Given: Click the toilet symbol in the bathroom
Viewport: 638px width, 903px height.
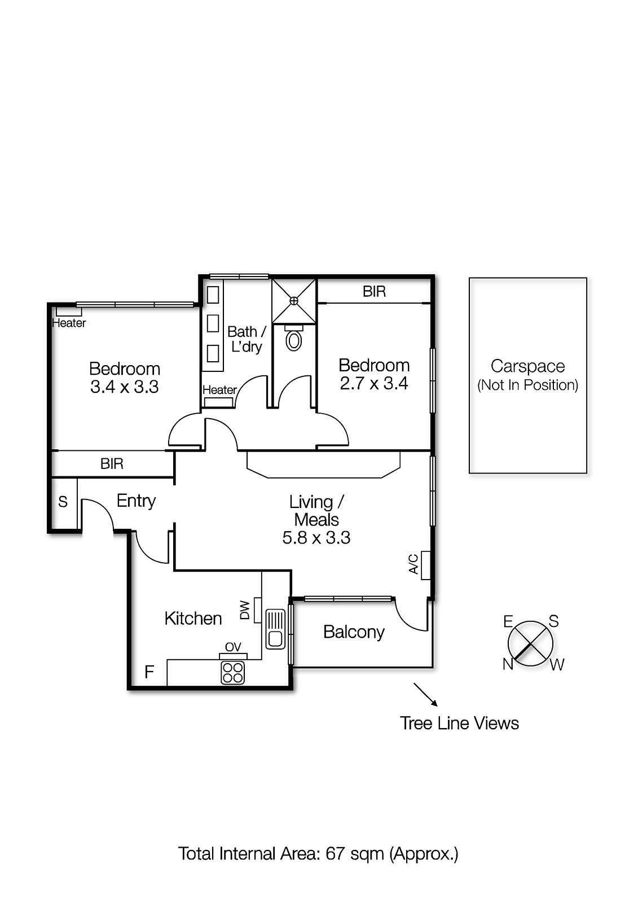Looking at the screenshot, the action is click(x=294, y=338).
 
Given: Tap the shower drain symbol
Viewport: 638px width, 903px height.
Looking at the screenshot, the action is click(x=294, y=301).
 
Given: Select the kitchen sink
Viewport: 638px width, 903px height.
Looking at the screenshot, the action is click(x=275, y=629).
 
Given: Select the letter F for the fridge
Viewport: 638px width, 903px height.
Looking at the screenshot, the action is click(x=149, y=672).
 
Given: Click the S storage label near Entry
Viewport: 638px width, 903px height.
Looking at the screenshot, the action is click(x=63, y=502).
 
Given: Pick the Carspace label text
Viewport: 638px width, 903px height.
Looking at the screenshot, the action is click(x=527, y=366).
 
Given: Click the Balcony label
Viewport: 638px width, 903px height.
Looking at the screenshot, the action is click(x=354, y=632).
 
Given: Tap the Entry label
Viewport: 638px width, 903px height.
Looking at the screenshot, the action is click(x=136, y=501).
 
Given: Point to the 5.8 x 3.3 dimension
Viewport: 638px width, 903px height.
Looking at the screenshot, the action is click(x=316, y=537).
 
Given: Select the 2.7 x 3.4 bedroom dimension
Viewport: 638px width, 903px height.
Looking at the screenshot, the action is click(x=374, y=383).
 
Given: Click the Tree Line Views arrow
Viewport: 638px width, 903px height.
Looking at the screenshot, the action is click(x=425, y=695).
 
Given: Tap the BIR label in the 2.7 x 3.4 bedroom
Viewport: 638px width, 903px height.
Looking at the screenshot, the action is click(x=374, y=291).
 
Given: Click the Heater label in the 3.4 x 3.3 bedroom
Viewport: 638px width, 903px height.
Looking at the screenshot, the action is click(x=69, y=323).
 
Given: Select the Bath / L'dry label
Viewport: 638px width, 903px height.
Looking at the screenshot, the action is click(x=247, y=339).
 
